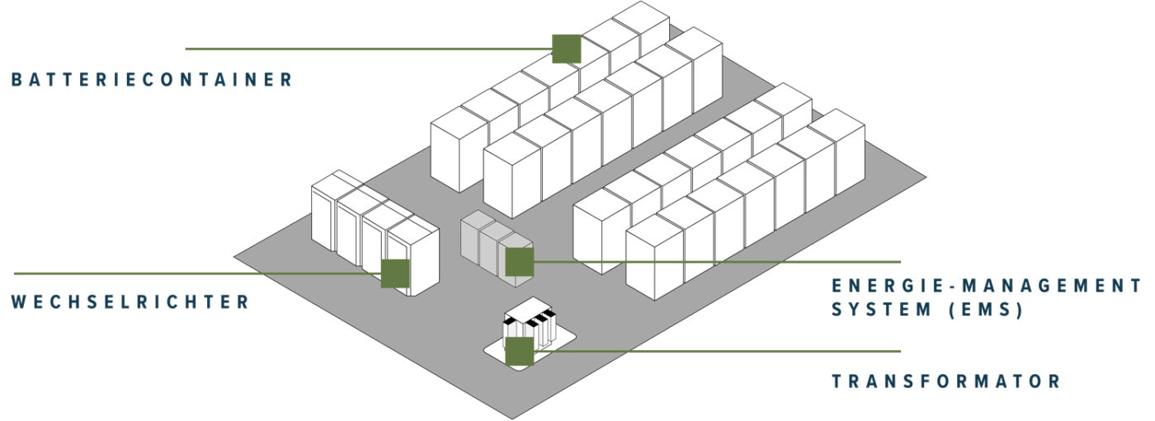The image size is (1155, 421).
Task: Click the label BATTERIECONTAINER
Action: pyautogui.click(x=153, y=80)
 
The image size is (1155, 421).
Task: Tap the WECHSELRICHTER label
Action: pyautogui.click(x=130, y=302)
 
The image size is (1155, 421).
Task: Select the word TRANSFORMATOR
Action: pyautogui.click(x=945, y=381)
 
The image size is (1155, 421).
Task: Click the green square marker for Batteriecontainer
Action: pyautogui.click(x=566, y=49)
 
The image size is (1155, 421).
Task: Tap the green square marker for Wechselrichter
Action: pyautogui.click(x=395, y=274)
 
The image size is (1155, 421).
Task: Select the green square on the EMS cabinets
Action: pyautogui.click(x=520, y=262)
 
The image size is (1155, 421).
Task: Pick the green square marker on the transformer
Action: pyautogui.click(x=519, y=351)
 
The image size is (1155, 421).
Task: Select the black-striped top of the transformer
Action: pyautogui.click(x=530, y=318)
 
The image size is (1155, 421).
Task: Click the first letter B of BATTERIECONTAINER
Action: pyautogui.click(x=16, y=80)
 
